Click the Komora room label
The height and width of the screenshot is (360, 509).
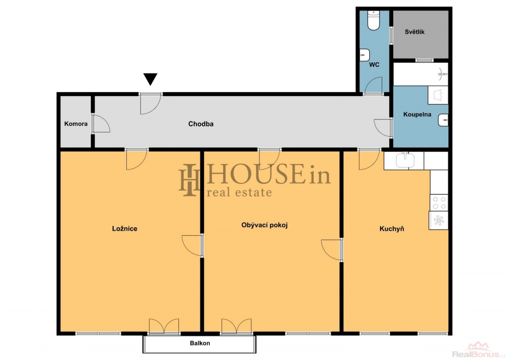coord(76,124)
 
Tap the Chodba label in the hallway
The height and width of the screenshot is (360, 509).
coord(201,124)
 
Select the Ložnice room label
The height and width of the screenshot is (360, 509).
coord(125,229)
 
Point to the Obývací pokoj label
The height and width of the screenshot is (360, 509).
coord(264,225)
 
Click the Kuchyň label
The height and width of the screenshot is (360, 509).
coord(392,229)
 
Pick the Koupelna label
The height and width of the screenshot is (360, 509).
coord(417,114)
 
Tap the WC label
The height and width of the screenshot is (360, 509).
coord(374,65)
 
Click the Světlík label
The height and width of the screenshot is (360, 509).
coord(415,32)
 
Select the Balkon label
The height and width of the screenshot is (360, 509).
coord(200,343)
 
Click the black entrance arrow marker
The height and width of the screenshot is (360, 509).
coord(150,79)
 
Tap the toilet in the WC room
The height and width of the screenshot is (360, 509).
coord(373,20)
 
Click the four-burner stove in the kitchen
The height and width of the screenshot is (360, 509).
coord(438,202)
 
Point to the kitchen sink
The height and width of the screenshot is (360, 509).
coord(405,160)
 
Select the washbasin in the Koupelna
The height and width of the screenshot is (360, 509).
coord(443,120)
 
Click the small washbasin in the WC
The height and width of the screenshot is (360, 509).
coord(364,55)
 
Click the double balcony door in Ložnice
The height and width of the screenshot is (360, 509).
coord(164,326)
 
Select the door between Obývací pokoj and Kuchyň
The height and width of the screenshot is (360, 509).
coord(332,249)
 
